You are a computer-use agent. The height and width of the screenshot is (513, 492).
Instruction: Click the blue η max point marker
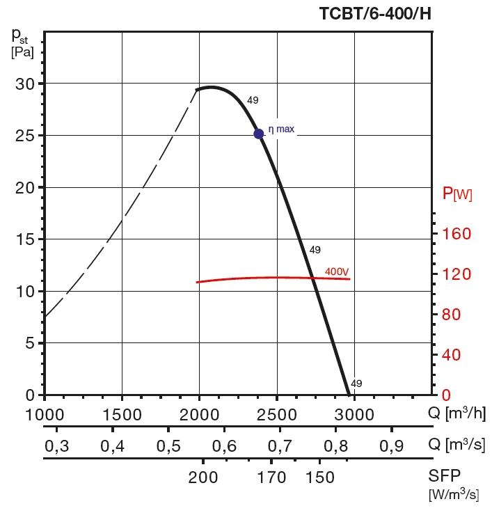pos(259,134)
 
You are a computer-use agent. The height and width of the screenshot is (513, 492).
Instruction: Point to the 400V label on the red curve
pos(337,271)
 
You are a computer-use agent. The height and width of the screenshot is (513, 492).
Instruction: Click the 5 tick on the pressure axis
pos(29,342)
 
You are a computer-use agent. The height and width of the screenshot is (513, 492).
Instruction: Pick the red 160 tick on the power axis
pos(453,234)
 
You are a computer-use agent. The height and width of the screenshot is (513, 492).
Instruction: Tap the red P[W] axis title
pos(457,194)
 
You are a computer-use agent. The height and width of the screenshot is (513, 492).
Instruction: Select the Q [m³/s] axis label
pos(456,444)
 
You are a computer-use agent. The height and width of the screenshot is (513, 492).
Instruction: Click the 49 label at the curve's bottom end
pos(356,384)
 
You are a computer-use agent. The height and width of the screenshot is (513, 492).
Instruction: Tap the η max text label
pos(281,129)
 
